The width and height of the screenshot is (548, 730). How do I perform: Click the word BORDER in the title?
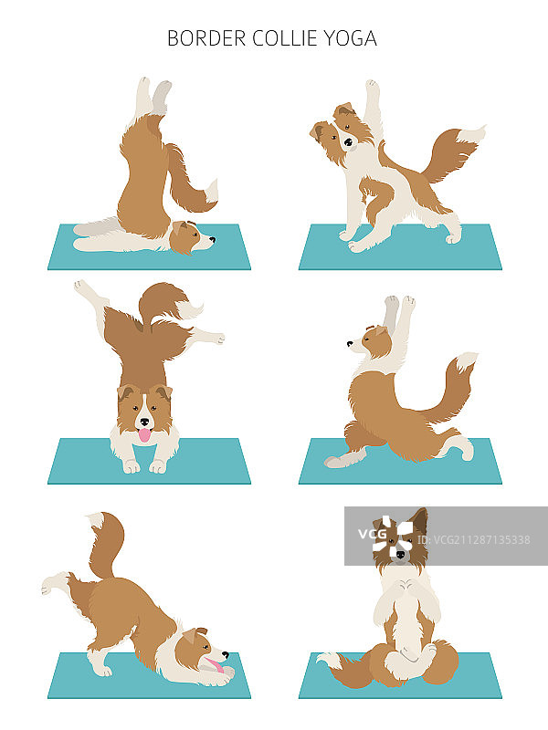(206, 38)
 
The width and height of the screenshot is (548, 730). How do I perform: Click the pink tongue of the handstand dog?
(145, 435)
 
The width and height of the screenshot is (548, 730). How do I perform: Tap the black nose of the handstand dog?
(145, 422)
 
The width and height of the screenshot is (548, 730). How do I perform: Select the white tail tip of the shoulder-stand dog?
(211, 191)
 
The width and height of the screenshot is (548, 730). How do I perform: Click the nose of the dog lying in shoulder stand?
(213, 240)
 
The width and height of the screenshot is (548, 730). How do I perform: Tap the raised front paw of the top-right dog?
(372, 85)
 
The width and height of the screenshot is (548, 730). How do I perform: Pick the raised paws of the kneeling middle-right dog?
(400, 303)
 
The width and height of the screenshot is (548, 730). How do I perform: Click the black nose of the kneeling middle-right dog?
(350, 344)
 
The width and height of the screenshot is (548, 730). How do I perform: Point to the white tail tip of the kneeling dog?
(467, 360)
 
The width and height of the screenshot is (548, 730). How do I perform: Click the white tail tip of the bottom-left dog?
(97, 519)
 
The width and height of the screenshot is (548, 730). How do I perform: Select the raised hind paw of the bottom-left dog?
(52, 584)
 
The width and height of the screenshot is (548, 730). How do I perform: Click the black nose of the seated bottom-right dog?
(400, 555)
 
